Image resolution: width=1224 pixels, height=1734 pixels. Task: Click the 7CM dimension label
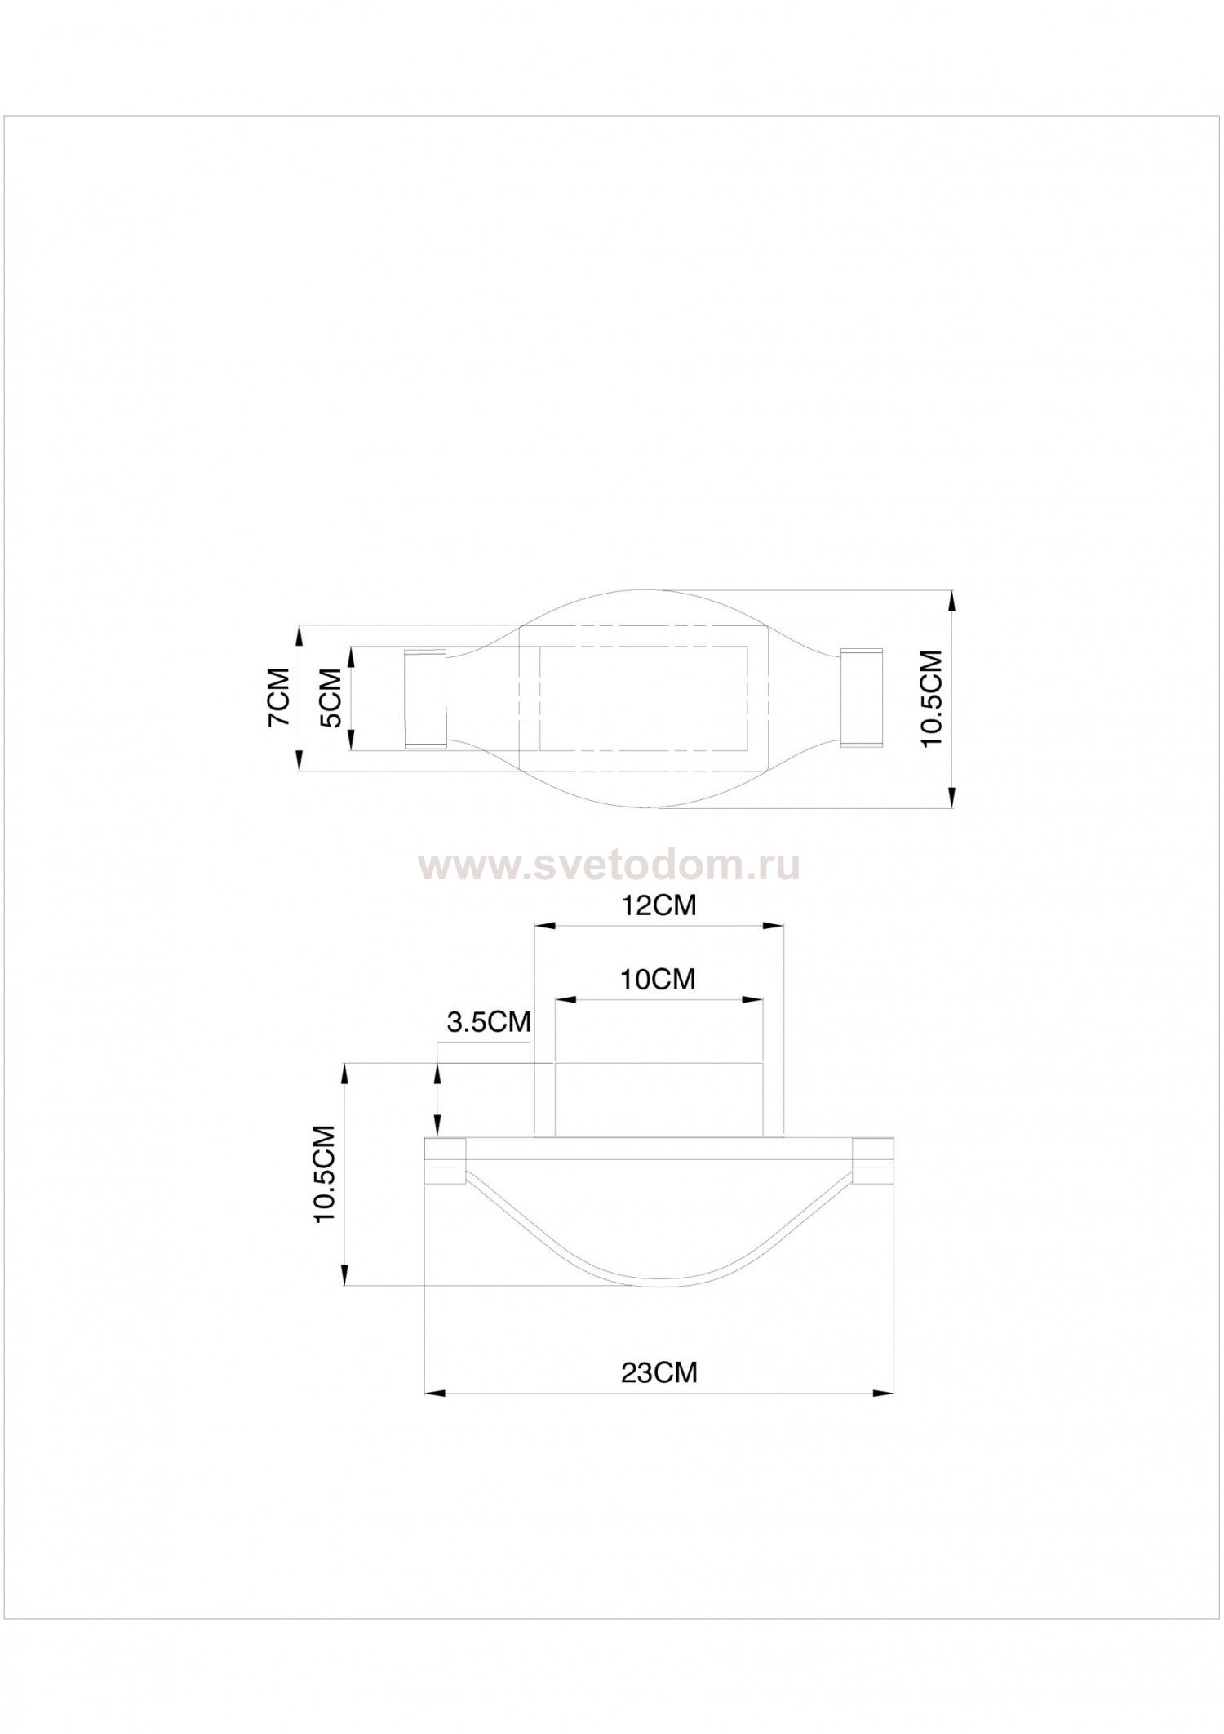(278, 697)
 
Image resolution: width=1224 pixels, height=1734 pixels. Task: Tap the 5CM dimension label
(329, 698)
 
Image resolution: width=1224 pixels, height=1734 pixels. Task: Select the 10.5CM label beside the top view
(931, 698)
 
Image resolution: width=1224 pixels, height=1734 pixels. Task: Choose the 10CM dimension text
(658, 979)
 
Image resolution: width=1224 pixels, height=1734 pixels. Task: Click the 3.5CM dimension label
(488, 1022)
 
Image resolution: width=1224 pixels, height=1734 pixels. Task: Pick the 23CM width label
(659, 1373)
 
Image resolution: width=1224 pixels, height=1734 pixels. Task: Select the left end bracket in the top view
(425, 699)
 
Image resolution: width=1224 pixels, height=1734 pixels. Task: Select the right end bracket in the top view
(862, 698)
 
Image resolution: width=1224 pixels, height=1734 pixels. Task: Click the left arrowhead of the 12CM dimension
(544, 926)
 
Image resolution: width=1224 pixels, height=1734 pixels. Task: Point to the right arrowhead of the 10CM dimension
(753, 998)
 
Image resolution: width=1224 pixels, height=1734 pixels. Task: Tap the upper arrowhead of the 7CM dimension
(299, 636)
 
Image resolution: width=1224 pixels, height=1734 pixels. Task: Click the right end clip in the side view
(873, 1161)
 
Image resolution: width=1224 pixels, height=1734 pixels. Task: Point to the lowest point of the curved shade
(659, 1287)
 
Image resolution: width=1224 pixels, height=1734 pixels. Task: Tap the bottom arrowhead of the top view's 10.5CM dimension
(951, 798)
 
